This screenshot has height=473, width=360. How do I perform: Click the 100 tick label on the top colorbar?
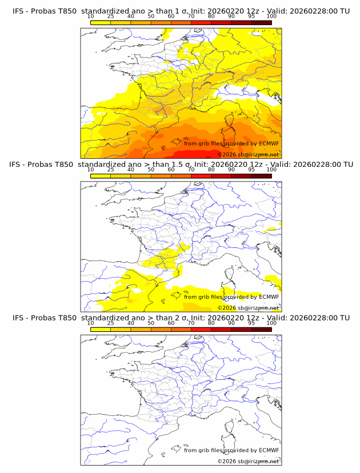(271, 16)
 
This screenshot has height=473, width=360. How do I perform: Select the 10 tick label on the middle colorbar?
(91, 169)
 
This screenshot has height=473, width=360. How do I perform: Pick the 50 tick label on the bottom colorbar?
(151, 323)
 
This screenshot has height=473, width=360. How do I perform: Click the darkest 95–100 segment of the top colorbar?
(262, 22)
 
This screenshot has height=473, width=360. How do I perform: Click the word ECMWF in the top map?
(269, 143)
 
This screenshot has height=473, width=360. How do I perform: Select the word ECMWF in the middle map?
(269, 296)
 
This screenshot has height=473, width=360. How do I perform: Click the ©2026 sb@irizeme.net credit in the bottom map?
(248, 461)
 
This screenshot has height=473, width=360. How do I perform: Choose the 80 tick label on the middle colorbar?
(211, 169)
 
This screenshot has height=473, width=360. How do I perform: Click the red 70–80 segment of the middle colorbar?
(201, 175)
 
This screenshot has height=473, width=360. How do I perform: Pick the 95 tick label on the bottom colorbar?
(251, 323)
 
